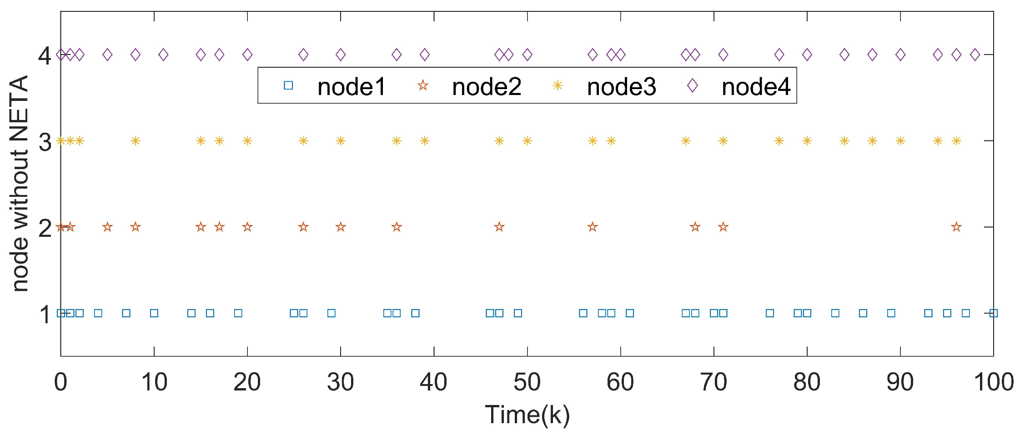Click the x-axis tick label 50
(x=527, y=382)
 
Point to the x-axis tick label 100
(x=993, y=382)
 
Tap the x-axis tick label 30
(x=340, y=382)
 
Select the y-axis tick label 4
(x=45, y=56)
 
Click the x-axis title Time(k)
(x=527, y=415)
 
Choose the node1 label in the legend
(x=352, y=86)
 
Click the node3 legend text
(x=621, y=86)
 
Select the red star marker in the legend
(x=423, y=85)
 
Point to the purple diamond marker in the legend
(x=692, y=85)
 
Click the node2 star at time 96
(x=956, y=227)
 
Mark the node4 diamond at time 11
(x=163, y=55)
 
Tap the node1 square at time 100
(x=994, y=313)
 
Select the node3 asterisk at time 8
(x=135, y=141)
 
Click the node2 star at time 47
(x=499, y=227)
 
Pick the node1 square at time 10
(x=154, y=313)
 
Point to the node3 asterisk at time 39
(x=424, y=141)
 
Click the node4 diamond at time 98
(x=975, y=55)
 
